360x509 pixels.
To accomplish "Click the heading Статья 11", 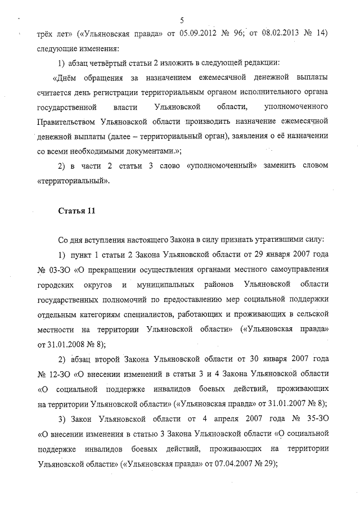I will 73,211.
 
